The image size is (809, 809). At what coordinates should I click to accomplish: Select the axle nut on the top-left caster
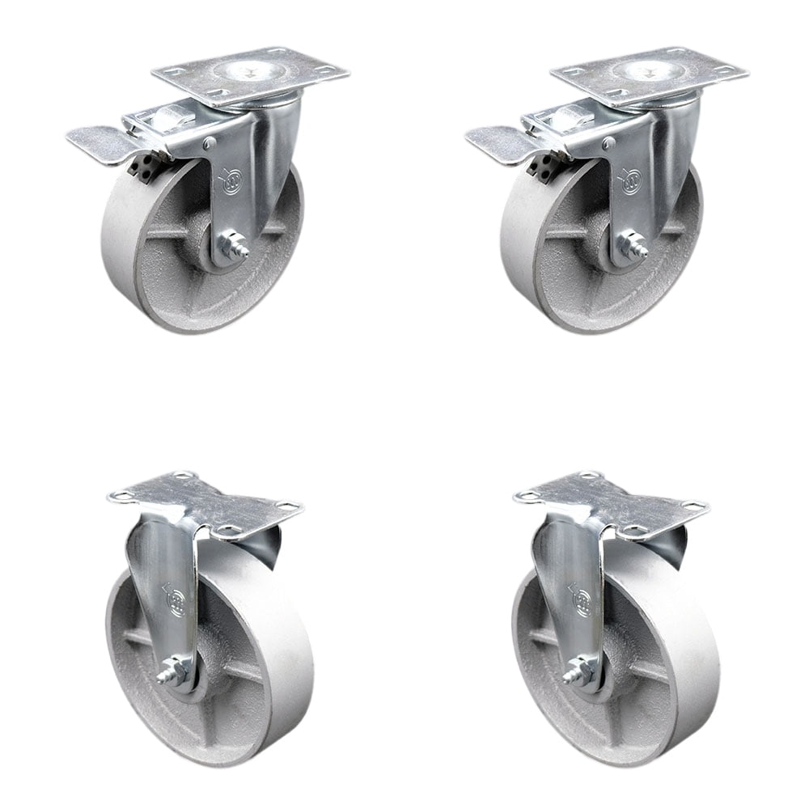235,244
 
